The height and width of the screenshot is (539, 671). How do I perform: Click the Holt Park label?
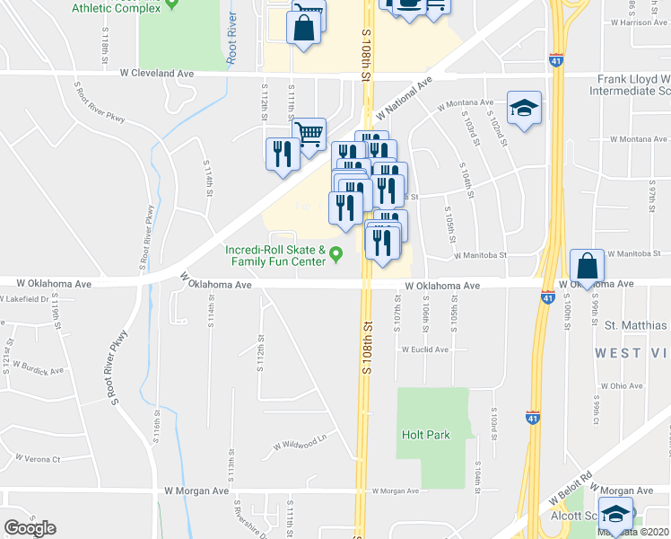click(x=425, y=435)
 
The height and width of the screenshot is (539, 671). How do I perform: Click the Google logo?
click(x=30, y=528)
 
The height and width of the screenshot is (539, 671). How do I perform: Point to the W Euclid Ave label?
click(x=424, y=349)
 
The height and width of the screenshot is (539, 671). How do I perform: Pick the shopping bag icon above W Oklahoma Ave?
click(x=586, y=267)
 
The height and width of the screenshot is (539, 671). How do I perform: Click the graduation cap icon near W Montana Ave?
click(x=523, y=110)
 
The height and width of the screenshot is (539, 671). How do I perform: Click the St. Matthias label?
click(x=635, y=324)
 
